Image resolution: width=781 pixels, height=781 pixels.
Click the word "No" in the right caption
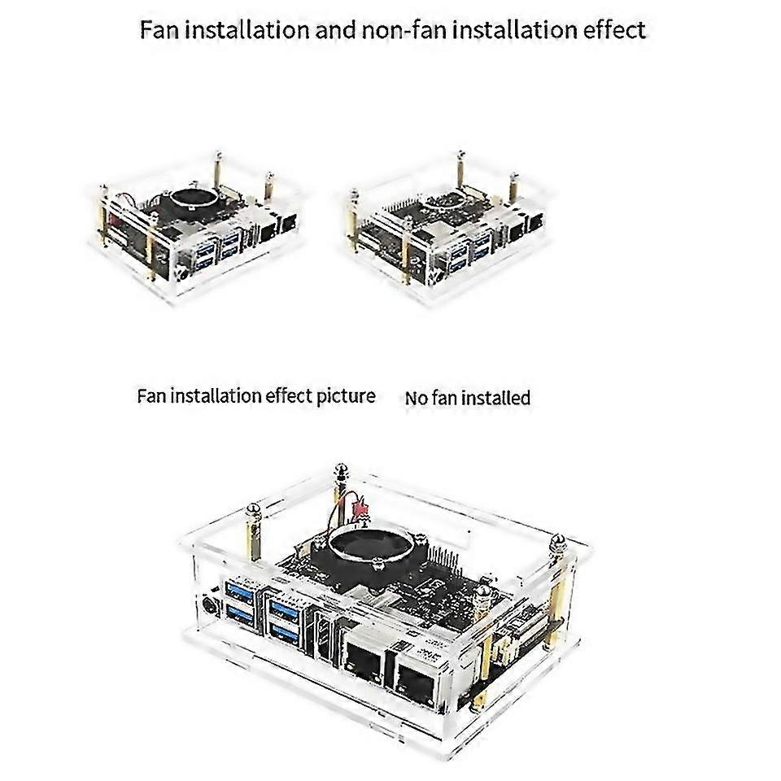point(416,399)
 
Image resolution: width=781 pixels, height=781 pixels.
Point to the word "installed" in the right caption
point(497,399)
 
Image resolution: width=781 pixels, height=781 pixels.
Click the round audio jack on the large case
point(213,604)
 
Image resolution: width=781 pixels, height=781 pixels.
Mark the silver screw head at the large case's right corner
point(558,542)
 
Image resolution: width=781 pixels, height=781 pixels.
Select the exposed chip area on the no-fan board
point(447,203)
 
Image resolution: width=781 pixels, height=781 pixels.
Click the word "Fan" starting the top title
point(157,30)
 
